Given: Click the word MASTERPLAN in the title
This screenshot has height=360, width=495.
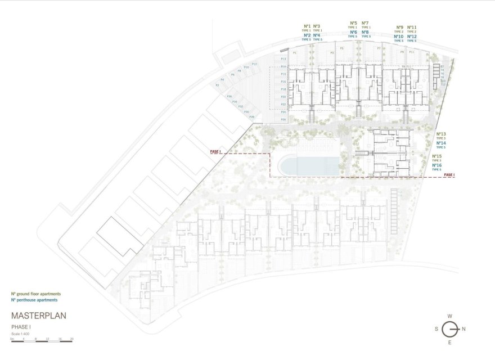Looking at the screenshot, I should point(38,317).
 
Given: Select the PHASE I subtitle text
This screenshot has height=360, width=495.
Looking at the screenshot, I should point(21,327).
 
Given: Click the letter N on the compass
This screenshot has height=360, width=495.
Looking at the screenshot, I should point(463,329).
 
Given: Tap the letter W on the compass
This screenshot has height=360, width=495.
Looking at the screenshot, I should point(450,316).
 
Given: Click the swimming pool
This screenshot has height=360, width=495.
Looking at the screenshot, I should point(309,165).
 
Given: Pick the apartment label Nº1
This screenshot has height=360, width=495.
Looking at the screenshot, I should point(308,26).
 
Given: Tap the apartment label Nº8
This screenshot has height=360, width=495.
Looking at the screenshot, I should point(365,33).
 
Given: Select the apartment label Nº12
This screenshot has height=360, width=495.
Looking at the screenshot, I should point(412,37).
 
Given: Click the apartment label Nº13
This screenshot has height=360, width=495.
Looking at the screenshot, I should point(440,134).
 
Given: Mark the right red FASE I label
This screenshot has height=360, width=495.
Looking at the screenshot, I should point(449,175).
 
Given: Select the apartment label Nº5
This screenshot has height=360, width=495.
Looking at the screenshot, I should point(353,23).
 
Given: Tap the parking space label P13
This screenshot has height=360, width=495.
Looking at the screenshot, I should point(283,59).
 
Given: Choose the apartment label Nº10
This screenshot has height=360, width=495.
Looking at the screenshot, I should point(399,37).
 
